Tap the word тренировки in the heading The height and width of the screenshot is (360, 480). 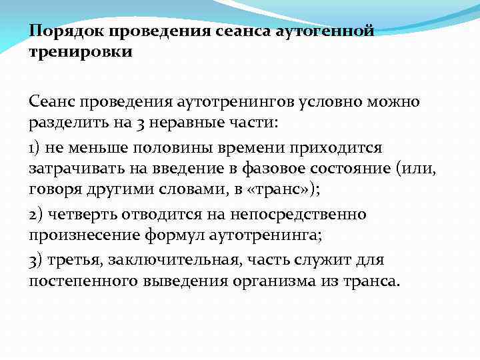point(81,51)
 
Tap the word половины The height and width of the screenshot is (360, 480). point(177,146)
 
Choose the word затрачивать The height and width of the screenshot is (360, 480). point(75,168)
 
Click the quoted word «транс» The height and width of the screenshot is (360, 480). point(284,189)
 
